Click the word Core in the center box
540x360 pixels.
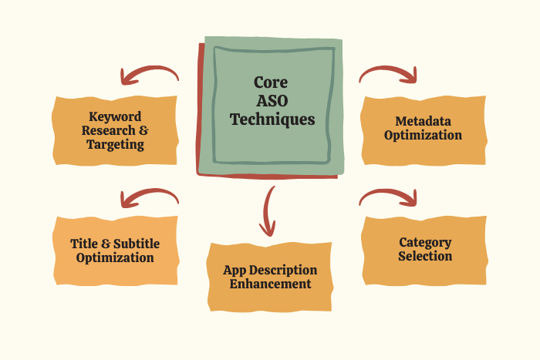click(x=272, y=82)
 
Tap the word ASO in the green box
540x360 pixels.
click(x=272, y=101)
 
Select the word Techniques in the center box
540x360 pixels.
click(x=272, y=119)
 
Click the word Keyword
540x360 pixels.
click(x=115, y=117)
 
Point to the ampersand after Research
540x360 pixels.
click(x=143, y=130)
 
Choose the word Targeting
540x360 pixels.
click(x=115, y=144)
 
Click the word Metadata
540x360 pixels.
click(x=423, y=122)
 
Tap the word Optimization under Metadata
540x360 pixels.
click(x=423, y=136)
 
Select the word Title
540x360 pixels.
click(x=85, y=244)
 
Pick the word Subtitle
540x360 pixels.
click(x=135, y=244)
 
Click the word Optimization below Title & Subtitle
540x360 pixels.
click(x=115, y=257)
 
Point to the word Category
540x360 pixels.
click(x=425, y=242)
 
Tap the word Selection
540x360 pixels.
click(x=425, y=256)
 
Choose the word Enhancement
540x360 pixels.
click(x=270, y=284)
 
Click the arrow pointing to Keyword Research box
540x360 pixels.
click(x=148, y=74)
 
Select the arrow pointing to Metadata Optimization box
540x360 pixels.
click(x=388, y=73)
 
